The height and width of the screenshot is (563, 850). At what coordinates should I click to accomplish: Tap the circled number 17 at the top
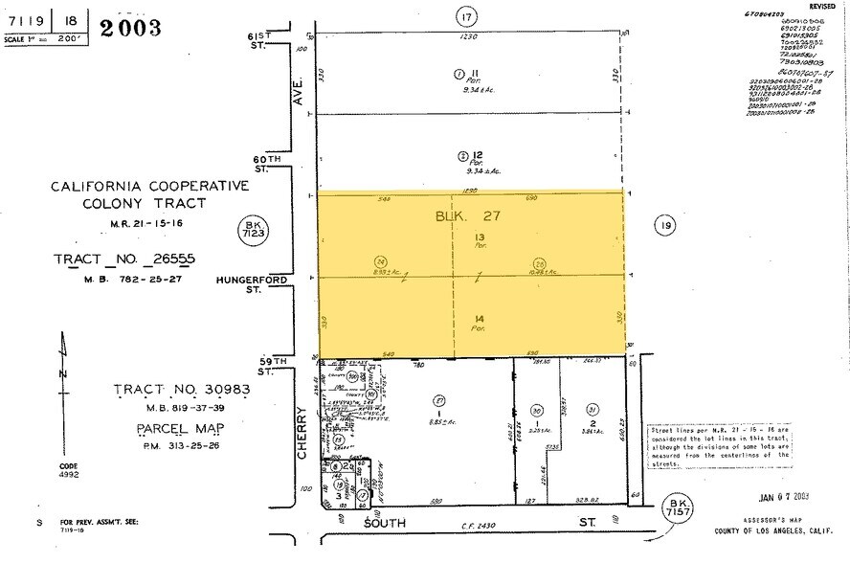(x=466, y=15)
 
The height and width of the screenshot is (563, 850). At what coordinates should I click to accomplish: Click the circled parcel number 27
(x=440, y=400)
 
